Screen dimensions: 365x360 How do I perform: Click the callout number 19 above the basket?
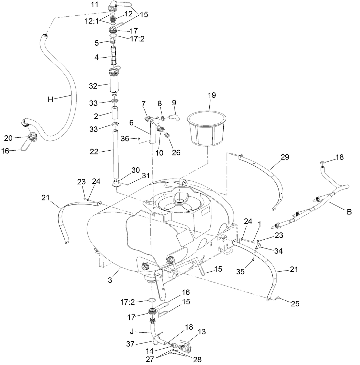212,95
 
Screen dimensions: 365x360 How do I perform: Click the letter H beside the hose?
51,100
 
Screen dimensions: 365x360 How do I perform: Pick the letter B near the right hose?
349,212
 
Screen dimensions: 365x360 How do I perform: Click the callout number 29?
285,157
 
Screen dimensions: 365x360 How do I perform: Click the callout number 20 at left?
8,138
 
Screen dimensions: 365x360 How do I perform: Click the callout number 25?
295,304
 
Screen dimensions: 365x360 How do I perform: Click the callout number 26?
176,152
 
